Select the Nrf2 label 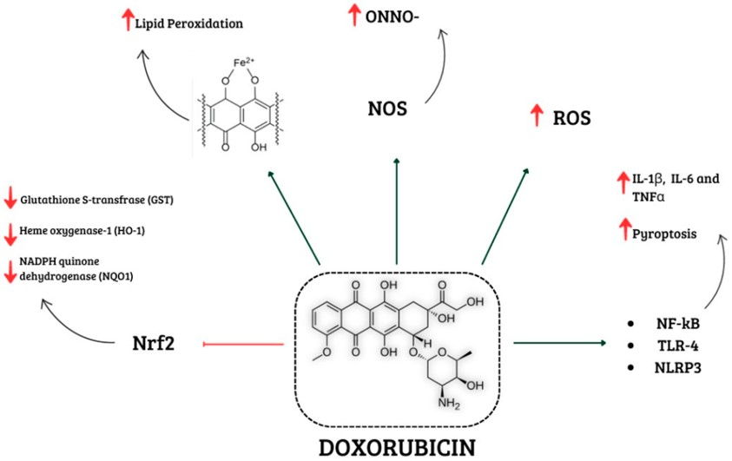pyautogui.click(x=155, y=345)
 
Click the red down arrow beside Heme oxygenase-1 pyautogui.click(x=10, y=234)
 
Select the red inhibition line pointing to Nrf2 pyautogui.click(x=243, y=345)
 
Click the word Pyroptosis pyautogui.click(x=662, y=234)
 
